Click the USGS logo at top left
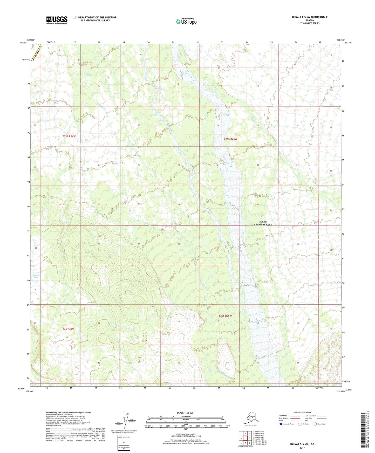57,20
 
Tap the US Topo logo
186,21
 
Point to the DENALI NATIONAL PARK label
263,223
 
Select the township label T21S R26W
69,136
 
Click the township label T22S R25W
225,316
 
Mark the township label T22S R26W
68,329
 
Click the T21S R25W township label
230,139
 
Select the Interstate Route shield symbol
281,424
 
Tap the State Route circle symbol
315,424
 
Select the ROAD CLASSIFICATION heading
302,412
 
